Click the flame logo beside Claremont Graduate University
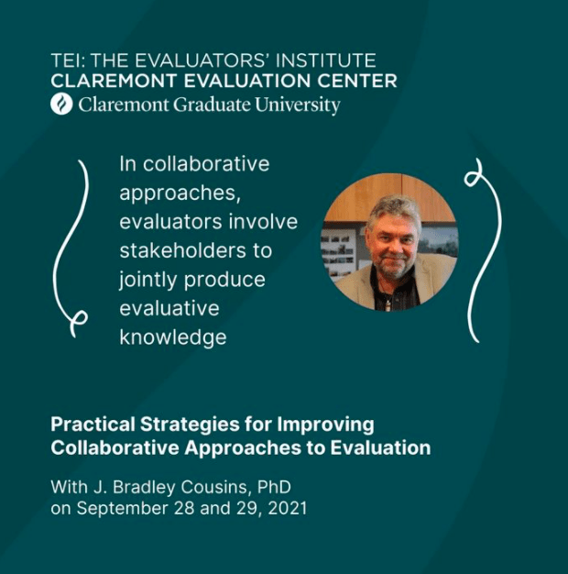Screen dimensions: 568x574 click(x=61, y=105)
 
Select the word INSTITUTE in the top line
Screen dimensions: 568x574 click(x=325, y=61)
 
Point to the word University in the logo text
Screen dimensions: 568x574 click(x=298, y=105)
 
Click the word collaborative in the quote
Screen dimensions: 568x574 click(x=206, y=163)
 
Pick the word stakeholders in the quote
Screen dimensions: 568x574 click(x=183, y=250)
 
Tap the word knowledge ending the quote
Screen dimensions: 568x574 click(x=173, y=337)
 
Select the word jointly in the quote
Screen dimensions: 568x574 click(x=148, y=281)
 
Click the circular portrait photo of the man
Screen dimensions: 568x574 click(x=389, y=242)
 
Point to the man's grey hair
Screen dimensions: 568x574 click(x=395, y=212)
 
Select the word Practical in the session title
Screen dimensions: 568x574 click(x=93, y=425)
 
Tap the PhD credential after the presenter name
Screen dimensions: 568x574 click(x=274, y=487)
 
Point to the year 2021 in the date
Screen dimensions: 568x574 click(x=287, y=509)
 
